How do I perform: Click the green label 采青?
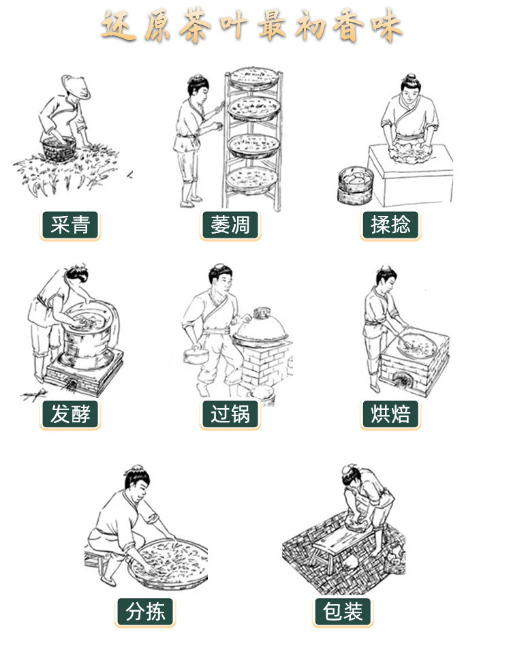pos(70,225)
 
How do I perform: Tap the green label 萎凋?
pos(230,225)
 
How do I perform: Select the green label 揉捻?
pos(390,225)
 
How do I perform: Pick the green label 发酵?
pos(70,414)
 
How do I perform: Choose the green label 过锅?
pos(230,414)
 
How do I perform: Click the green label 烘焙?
pos(390,414)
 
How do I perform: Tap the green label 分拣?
pos(145,612)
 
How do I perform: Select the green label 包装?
pos(343,612)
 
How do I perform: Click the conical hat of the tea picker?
pos(76,86)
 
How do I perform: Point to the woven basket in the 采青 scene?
pos(59,149)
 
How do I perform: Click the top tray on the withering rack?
pos(253,78)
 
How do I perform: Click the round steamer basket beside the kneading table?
pos(355,185)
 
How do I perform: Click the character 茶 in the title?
pos(195,26)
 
